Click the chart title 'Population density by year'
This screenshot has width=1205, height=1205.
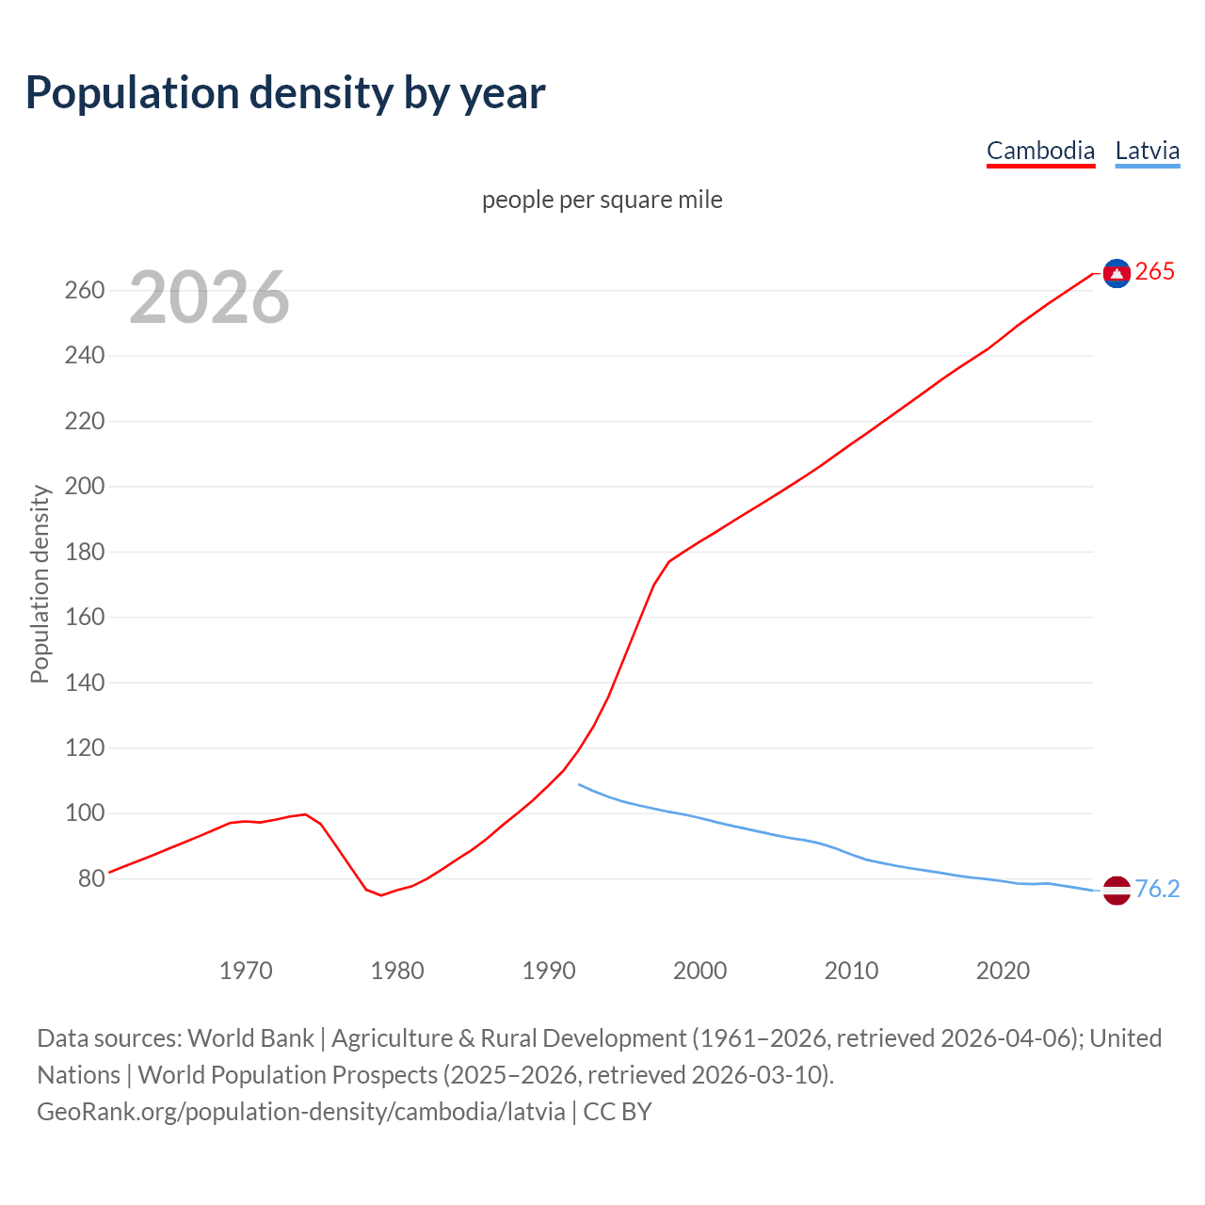coord(285,92)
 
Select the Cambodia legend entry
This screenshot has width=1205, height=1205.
coord(1040,151)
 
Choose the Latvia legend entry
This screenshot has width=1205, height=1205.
coord(1147,151)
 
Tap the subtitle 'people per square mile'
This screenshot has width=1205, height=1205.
coord(602,200)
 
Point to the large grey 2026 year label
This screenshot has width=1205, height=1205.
coord(209,297)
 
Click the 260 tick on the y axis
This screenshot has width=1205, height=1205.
coord(85,290)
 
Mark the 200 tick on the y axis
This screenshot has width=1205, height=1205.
coord(85,487)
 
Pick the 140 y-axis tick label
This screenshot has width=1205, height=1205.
coord(85,683)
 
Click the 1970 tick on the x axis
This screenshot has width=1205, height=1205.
coord(246,971)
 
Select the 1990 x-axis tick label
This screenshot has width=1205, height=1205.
coord(549,971)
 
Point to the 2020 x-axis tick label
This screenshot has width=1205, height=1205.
coord(1003,971)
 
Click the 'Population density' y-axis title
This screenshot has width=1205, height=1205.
coord(40,584)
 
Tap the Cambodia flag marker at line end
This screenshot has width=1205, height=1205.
coord(1117,273)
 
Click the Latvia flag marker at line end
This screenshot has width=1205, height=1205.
coord(1117,890)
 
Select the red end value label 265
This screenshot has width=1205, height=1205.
coord(1155,272)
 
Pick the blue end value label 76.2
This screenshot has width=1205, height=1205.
coord(1157,890)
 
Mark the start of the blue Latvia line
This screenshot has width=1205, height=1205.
coord(579,784)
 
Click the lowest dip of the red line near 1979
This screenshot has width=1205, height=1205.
coord(381,895)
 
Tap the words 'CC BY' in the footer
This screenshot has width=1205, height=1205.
coord(618,1112)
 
